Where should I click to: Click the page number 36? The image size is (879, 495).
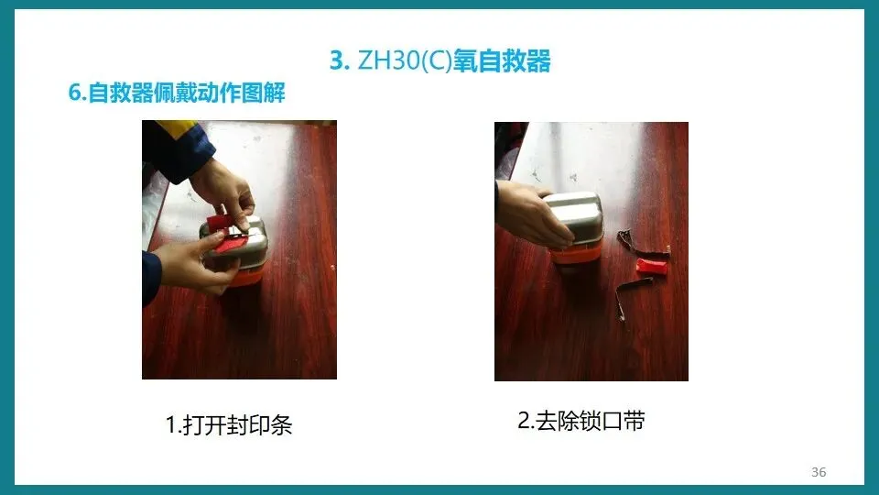[x=819, y=472]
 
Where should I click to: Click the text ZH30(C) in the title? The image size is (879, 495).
[x=404, y=60]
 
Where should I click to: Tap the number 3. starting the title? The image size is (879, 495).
[x=340, y=60]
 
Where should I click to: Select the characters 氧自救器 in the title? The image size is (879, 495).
[x=502, y=60]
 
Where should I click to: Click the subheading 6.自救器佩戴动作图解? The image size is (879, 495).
[x=177, y=93]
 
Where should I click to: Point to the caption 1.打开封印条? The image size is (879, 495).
[x=229, y=424]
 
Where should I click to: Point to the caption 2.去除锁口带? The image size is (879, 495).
[x=581, y=421]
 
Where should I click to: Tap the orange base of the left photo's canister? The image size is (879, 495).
[x=246, y=276]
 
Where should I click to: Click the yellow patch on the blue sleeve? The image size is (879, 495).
[x=177, y=129]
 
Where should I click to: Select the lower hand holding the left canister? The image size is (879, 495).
[x=193, y=264]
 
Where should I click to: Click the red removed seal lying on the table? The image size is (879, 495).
[x=651, y=267]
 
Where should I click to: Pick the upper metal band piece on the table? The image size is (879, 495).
[x=643, y=242]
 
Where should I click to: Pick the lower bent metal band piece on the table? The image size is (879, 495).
[x=630, y=294]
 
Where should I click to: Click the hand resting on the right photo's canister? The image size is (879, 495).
[x=527, y=214]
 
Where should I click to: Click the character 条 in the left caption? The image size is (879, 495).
[x=281, y=424]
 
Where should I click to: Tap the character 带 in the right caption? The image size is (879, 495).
[x=634, y=421]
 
